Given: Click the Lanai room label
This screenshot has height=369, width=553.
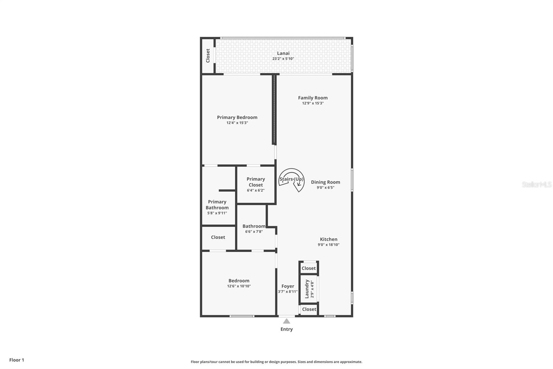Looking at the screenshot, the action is pyautogui.click(x=283, y=53).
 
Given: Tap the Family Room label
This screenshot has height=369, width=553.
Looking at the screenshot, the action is pyautogui.click(x=313, y=98).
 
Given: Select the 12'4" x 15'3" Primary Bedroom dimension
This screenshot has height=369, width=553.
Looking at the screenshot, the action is pyautogui.click(x=237, y=123).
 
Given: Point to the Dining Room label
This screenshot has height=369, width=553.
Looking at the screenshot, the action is pyautogui.click(x=325, y=182).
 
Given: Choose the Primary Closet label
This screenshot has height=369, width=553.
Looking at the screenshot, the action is pyautogui.click(x=256, y=182).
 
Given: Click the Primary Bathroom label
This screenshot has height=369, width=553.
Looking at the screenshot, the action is pyautogui.click(x=217, y=205).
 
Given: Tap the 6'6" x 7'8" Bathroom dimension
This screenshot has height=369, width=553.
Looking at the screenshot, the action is pyautogui.click(x=254, y=232).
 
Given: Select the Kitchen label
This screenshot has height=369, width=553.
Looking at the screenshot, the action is pyautogui.click(x=329, y=240).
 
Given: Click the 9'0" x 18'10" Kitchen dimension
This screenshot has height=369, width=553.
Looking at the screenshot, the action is pyautogui.click(x=329, y=245).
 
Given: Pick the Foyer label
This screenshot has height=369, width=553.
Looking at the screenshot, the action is pyautogui.click(x=288, y=286).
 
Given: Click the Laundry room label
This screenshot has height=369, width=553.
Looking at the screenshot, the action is pyautogui.click(x=307, y=289).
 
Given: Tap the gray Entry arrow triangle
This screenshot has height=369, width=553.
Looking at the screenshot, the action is pyautogui.click(x=287, y=321).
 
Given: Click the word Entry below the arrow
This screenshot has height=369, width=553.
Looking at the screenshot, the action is pyautogui.click(x=287, y=330).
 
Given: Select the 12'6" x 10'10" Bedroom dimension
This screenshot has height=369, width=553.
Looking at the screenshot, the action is pyautogui.click(x=239, y=286).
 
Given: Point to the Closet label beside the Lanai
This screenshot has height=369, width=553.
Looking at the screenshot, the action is pyautogui.click(x=208, y=56).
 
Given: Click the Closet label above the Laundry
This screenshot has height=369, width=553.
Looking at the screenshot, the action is pyautogui.click(x=309, y=268).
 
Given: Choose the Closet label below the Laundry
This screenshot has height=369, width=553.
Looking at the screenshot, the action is pyautogui.click(x=309, y=309).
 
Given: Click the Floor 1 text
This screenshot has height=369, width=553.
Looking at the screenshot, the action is pyautogui.click(x=17, y=360).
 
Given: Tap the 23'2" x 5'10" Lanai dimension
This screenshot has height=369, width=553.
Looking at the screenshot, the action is pyautogui.click(x=283, y=59).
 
